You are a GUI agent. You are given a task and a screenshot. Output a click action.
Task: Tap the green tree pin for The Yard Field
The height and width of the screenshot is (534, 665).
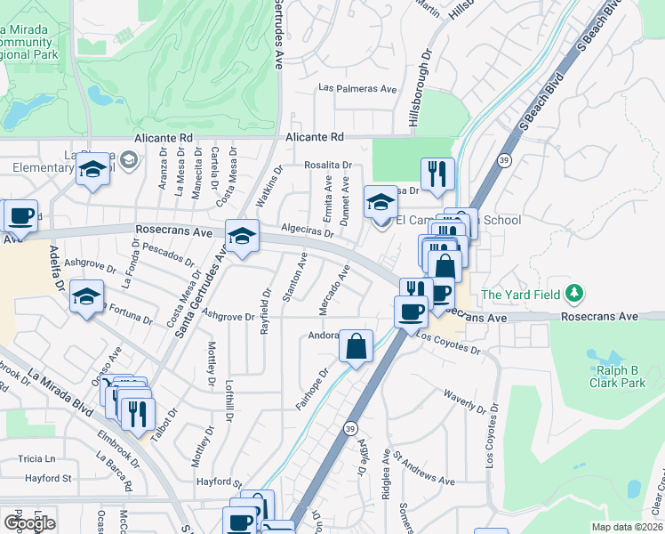[575, 293]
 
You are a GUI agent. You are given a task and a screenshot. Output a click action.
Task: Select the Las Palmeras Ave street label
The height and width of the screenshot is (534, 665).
[358, 89]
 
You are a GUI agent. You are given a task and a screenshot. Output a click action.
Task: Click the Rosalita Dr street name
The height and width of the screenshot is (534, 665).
[328, 166]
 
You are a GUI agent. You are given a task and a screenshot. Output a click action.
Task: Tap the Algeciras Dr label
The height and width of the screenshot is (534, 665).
[307, 231]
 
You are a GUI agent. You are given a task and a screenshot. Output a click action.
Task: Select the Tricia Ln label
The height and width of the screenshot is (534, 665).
[36, 459]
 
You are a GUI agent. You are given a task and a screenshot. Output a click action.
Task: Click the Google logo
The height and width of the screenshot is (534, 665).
[29, 522]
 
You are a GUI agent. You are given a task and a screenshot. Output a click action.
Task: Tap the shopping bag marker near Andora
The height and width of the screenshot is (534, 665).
[356, 347]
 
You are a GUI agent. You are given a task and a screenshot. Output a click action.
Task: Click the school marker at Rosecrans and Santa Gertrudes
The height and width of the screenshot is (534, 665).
[242, 237]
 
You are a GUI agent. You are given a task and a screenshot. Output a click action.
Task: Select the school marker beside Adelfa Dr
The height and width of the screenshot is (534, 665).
[87, 297]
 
